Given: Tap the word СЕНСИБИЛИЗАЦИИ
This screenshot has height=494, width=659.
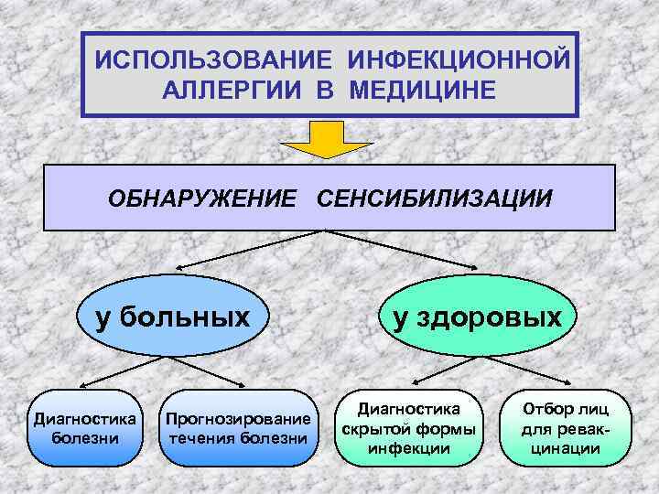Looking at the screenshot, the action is (435, 198).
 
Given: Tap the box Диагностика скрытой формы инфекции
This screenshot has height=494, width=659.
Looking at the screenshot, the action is (407, 427).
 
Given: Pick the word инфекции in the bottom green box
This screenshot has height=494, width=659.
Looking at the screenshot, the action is (407, 448).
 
